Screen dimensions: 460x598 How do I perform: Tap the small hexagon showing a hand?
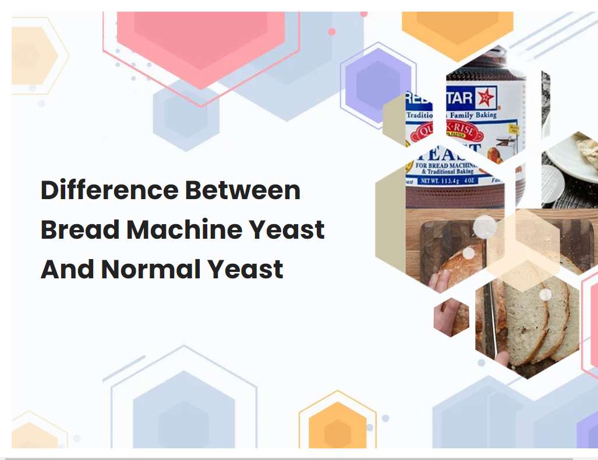click(451, 317)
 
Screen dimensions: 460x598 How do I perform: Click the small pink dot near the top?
click(332, 31)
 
